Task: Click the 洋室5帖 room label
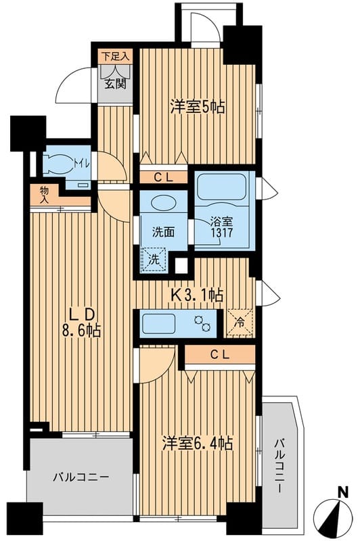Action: tap(197, 107)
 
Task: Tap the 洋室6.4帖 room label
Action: tap(198, 443)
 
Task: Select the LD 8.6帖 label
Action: tap(81, 323)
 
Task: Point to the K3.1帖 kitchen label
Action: tap(198, 295)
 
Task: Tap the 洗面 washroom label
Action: tap(163, 232)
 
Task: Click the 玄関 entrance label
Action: tap(115, 83)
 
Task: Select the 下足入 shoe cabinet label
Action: tap(116, 57)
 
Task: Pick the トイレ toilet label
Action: tap(82, 164)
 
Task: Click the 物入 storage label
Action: tap(44, 195)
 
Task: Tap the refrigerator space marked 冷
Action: tap(240, 323)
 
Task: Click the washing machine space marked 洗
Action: tap(154, 260)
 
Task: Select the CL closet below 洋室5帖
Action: tap(163, 177)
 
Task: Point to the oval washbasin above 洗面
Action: tap(163, 202)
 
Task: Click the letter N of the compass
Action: tap(342, 492)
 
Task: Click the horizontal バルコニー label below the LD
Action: tap(81, 477)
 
